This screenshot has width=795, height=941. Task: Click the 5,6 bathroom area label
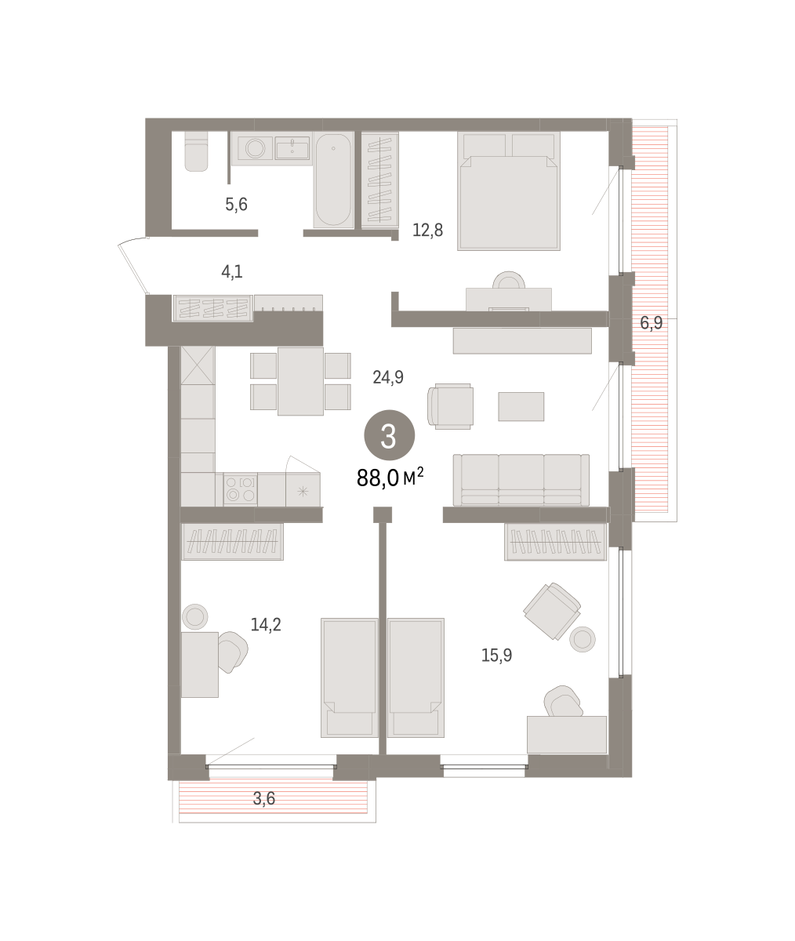click(x=236, y=205)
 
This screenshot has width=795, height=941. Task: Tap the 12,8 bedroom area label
click(x=428, y=231)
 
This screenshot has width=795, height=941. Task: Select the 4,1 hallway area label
click(x=232, y=272)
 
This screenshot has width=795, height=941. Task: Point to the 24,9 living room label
click(x=388, y=377)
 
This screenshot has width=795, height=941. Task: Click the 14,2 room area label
click(x=266, y=625)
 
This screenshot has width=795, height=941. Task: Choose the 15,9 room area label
click(x=496, y=656)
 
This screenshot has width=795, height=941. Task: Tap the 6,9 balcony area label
click(x=652, y=322)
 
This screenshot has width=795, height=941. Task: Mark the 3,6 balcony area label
click(x=264, y=798)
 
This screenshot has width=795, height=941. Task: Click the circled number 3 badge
click(x=390, y=435)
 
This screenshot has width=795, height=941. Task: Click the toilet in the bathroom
click(x=196, y=151)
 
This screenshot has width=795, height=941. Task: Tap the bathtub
click(x=333, y=180)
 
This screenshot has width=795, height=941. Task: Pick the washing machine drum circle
click(x=255, y=148)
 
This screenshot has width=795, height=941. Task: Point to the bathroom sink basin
click(x=292, y=148)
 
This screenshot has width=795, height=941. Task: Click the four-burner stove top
click(x=240, y=489)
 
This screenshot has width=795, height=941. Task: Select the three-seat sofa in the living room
click(x=521, y=479)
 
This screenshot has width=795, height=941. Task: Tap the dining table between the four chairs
click(x=300, y=381)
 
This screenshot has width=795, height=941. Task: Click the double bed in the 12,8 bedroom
click(x=509, y=191)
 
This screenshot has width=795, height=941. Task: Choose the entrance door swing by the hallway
click(x=133, y=265)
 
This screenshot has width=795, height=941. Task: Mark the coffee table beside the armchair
click(x=521, y=406)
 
